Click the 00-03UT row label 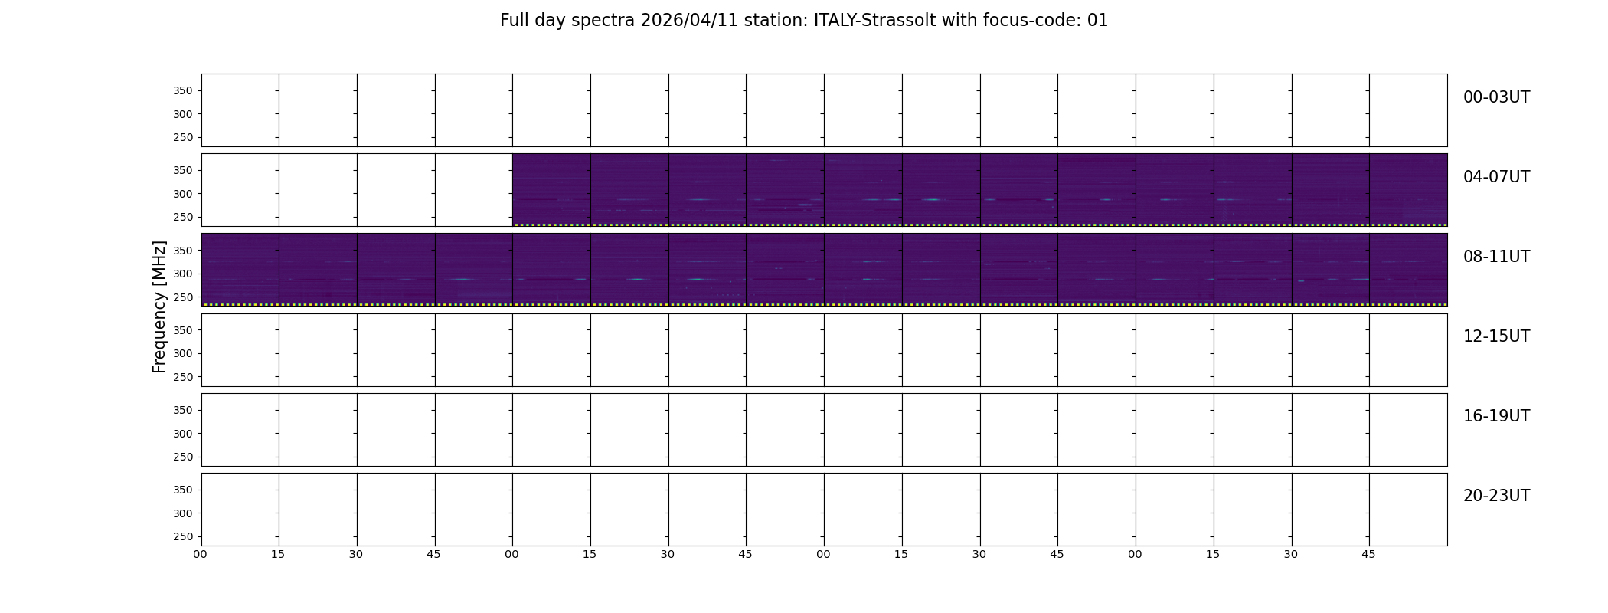pos(1496,97)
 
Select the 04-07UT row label pos(1496,177)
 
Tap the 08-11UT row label pos(1496,257)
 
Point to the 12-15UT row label pos(1496,336)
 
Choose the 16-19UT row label pos(1496,416)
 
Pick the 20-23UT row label pos(1496,496)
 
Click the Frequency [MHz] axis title pos(159,306)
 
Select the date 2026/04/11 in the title pos(689,21)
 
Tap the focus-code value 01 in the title pos(1097,21)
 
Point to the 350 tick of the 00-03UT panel pos(183,91)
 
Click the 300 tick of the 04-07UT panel pos(183,194)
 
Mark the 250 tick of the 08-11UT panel pos(183,297)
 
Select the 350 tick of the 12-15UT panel pos(183,330)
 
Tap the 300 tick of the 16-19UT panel pos(183,434)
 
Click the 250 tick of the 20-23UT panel pos(183,536)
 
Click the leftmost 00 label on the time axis pos(200,554)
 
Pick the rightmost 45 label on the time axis pos(1368,554)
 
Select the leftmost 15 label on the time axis pos(278,554)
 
